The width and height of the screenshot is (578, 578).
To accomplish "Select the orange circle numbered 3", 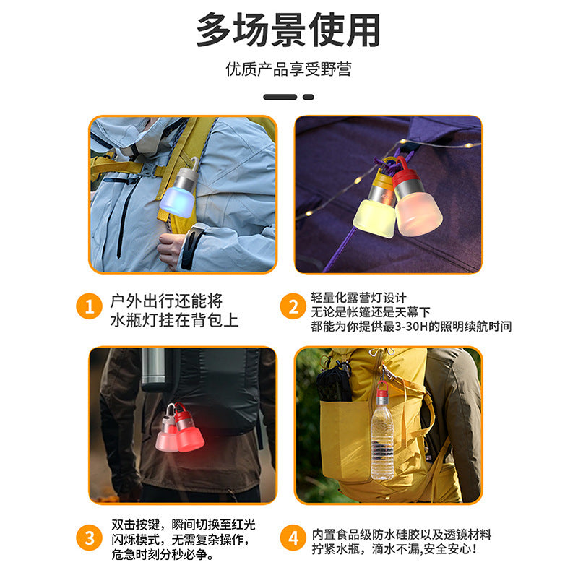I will (x=90, y=538).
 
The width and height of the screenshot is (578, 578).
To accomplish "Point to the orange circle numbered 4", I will (x=293, y=538).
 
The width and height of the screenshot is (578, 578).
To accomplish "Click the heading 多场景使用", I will (x=288, y=30).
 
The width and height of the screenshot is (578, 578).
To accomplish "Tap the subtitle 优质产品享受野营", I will (x=288, y=69).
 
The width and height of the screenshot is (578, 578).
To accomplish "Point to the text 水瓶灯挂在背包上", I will (x=174, y=319).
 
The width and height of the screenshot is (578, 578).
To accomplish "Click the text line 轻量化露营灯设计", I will (x=359, y=297).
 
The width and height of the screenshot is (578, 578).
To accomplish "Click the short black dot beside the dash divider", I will (x=309, y=96).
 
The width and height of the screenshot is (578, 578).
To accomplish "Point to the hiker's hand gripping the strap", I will (x=171, y=248).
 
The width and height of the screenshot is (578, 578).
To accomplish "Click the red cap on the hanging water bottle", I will (x=382, y=396).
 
